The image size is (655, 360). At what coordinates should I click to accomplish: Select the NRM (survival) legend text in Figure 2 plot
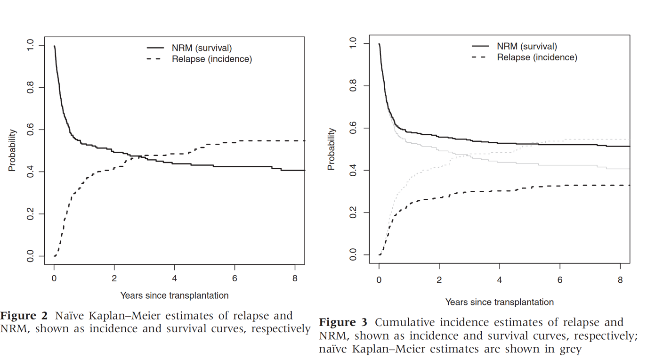point(202,48)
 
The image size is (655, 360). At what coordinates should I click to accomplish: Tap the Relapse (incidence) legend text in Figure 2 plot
point(212,59)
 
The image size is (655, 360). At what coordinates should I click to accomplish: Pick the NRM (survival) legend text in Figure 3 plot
point(527,46)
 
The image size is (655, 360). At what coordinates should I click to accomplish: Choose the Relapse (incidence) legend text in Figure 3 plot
point(537,57)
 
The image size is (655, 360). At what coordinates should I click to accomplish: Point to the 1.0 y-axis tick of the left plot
point(30,46)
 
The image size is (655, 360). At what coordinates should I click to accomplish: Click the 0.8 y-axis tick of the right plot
point(355,86)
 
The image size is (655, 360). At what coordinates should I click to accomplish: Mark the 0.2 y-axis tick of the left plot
point(30,214)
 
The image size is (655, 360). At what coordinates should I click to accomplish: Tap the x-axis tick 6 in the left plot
point(235,278)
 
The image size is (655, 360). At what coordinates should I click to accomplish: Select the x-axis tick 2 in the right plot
point(439,280)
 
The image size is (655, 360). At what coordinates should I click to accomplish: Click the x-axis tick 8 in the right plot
point(620,280)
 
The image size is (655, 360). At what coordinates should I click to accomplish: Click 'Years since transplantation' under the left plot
point(174,296)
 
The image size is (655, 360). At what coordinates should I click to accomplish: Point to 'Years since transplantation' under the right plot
point(499,302)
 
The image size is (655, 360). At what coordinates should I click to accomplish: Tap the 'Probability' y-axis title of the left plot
point(13,151)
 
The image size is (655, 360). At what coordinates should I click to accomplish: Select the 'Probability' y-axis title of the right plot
point(332,149)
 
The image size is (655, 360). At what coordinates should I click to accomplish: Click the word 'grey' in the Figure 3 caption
point(570,350)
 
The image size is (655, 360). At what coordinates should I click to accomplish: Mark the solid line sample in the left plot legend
point(155,48)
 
